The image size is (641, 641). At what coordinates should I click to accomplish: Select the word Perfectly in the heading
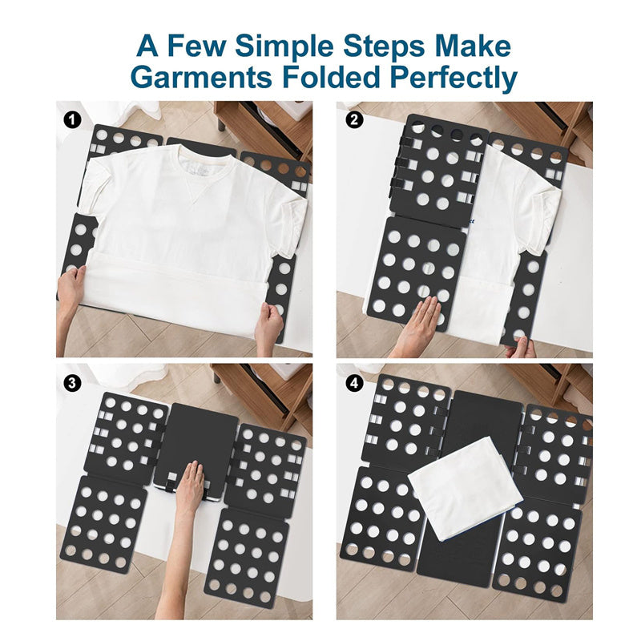[x=454, y=79]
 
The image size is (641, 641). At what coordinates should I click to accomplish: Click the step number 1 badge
[x=73, y=120]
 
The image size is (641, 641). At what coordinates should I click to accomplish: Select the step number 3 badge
[x=72, y=384]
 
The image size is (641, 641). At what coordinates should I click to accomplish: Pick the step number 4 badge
[x=353, y=384]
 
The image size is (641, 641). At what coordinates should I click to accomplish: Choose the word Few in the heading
[x=196, y=46]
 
